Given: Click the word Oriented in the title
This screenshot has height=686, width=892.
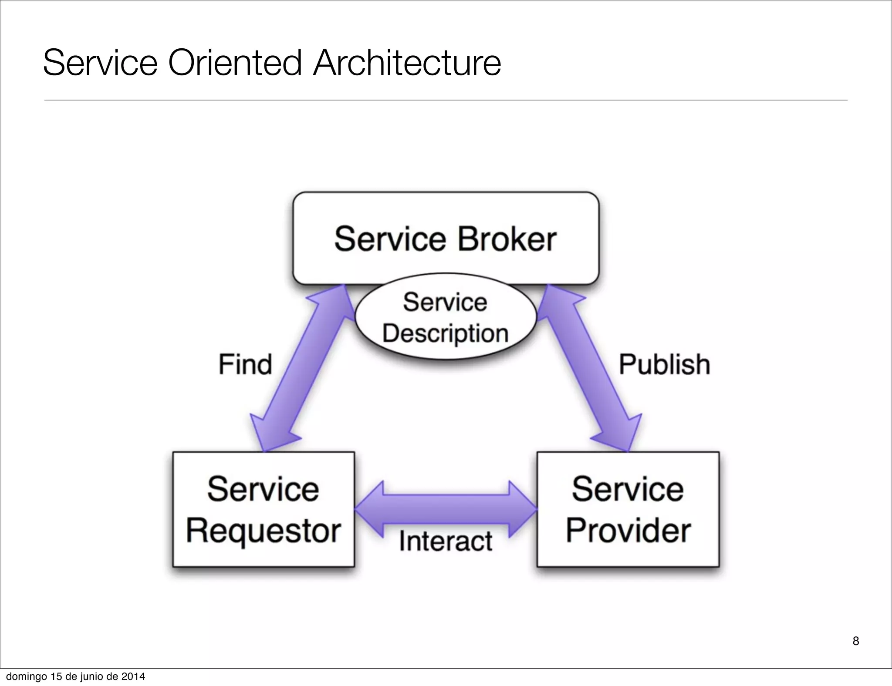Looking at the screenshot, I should pos(235,63).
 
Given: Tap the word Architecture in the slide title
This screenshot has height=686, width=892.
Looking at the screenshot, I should pos(407,63).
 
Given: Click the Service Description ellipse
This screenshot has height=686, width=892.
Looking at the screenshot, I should pos(445,317).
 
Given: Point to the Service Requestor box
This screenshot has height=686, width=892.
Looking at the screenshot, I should pos(264,509).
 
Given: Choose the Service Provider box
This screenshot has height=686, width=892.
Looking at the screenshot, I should pos(628,509).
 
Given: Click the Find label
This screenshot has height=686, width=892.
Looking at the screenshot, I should pos(245,364).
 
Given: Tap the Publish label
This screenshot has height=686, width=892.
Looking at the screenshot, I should pos(664,364).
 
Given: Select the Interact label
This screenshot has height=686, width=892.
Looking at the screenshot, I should pos(446,541).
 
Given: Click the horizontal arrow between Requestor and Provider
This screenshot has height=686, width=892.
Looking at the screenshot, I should pos(446,509).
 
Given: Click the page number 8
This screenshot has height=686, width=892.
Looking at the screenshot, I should pos(855,641).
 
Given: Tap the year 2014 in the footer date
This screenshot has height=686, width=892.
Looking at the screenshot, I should pos(133,676).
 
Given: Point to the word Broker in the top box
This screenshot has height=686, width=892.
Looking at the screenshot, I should pos(507,239).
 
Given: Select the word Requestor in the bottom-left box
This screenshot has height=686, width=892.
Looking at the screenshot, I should pos(264,531).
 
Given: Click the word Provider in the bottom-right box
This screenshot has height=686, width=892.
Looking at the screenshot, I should pos(628,531).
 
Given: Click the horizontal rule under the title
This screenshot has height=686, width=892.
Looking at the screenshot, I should pos(446,100).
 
